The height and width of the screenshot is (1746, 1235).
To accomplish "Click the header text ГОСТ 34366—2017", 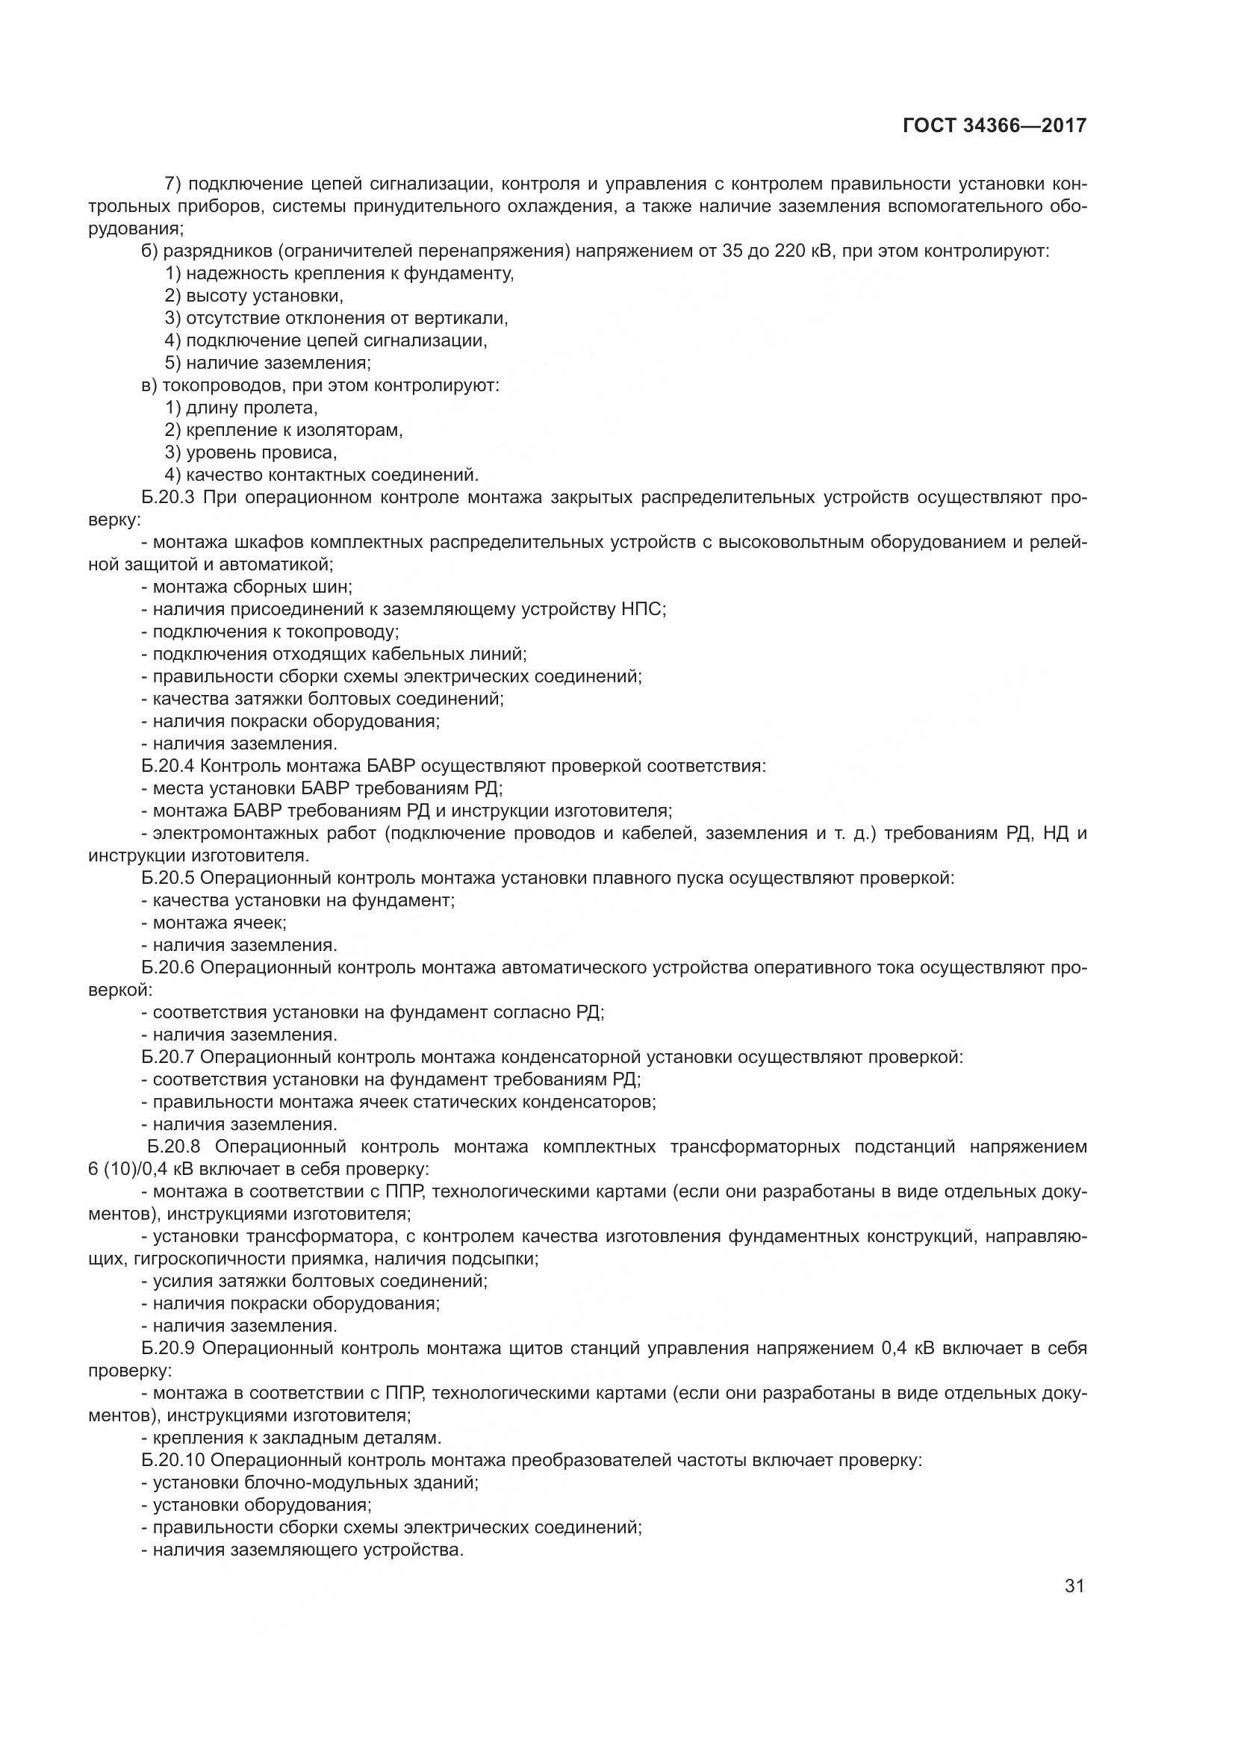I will (x=995, y=126).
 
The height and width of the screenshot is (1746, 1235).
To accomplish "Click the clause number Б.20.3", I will (x=168, y=498).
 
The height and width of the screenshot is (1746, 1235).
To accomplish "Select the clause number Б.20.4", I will (x=168, y=766).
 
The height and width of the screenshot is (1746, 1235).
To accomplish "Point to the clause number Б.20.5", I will (x=168, y=879).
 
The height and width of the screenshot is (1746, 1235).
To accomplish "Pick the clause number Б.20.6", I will (x=168, y=968).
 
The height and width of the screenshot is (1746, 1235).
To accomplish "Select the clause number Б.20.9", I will (x=169, y=1349).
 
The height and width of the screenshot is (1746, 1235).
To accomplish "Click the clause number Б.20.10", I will (x=172, y=1461).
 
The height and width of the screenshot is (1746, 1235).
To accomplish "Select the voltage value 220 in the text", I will (x=789, y=251).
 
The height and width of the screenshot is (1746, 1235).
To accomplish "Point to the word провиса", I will (x=304, y=453).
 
